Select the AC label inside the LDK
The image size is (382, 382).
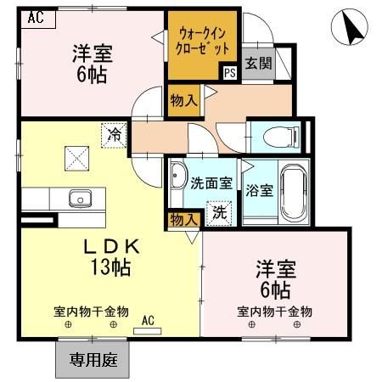point(147,321)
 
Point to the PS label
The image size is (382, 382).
point(229,73)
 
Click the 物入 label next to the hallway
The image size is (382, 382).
point(183,99)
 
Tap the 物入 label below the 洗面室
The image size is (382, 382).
point(183,219)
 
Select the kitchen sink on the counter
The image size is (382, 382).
point(81,199)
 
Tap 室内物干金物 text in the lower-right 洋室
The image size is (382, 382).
point(273,312)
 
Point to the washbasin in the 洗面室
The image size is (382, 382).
point(179,176)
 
